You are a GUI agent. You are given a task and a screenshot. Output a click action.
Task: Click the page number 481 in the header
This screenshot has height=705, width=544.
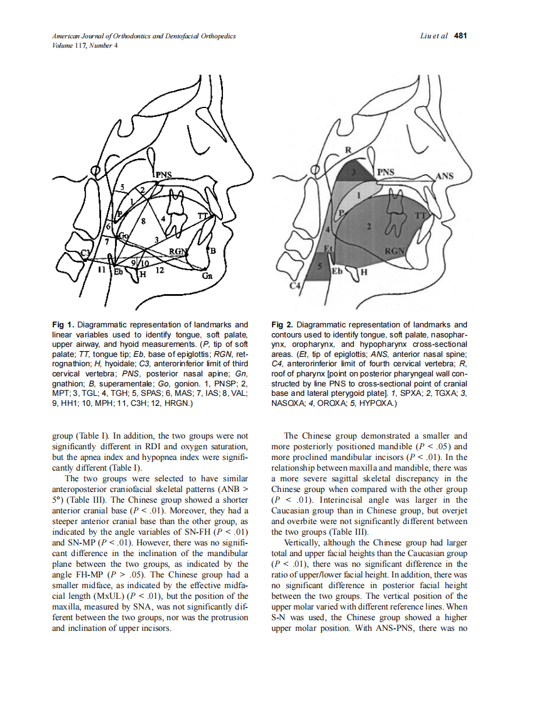pyautogui.click(x=460, y=36)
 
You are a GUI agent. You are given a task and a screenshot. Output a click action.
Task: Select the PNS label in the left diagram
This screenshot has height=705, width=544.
pyautogui.click(x=165, y=173)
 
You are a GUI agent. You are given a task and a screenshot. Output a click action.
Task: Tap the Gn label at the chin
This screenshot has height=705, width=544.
pyautogui.click(x=207, y=276)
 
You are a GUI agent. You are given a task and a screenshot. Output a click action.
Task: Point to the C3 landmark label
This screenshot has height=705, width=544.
pyautogui.click(x=86, y=253)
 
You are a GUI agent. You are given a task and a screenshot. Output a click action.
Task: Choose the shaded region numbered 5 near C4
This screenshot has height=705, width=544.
pyautogui.click(x=320, y=268)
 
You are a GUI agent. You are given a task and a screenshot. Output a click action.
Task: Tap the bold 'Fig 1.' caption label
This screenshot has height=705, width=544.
pyautogui.click(x=63, y=325)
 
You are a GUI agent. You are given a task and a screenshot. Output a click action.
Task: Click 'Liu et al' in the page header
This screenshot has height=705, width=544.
pyautogui.click(x=433, y=36)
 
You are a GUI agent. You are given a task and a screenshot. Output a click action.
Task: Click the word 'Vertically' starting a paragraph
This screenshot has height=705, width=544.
pyautogui.click(x=303, y=542)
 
